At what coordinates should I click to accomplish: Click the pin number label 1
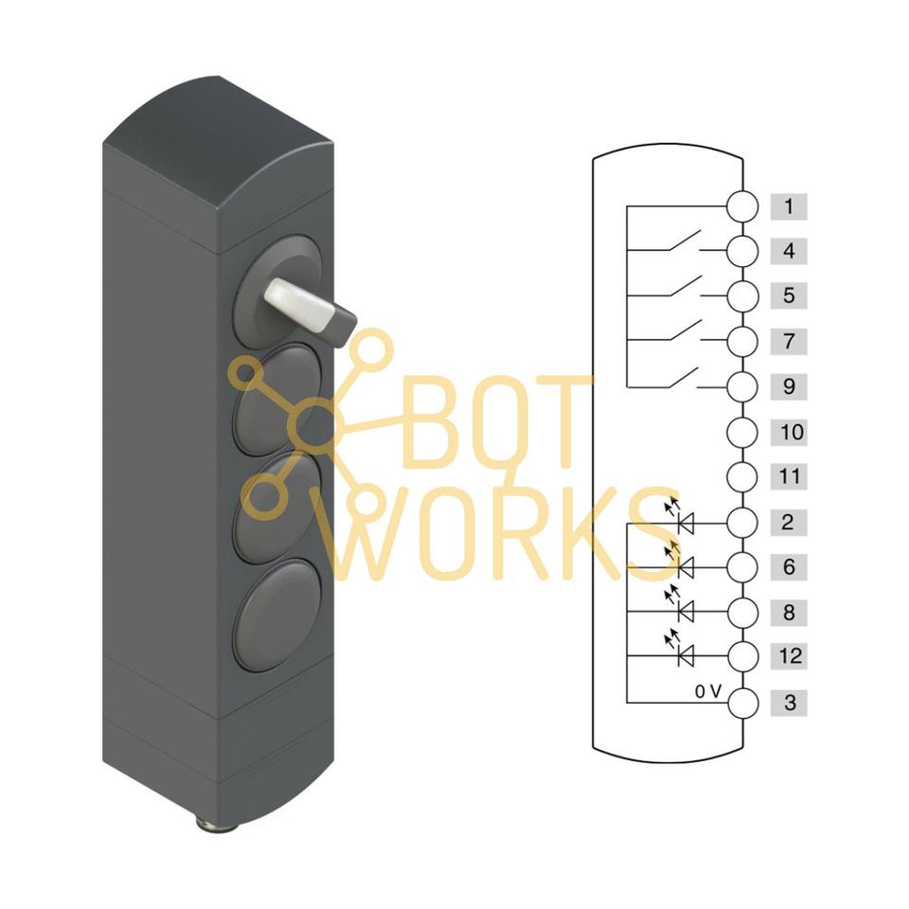coord(789,205)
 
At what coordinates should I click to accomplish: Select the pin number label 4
coord(789,251)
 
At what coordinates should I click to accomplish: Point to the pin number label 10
coord(792,433)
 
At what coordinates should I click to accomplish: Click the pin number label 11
coord(791,476)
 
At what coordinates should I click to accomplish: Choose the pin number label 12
coord(792,655)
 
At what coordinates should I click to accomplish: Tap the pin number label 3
coord(789,704)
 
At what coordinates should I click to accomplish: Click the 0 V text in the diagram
coord(708,692)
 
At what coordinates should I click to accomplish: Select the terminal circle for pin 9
coord(743,387)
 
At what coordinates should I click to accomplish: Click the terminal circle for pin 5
coord(743,296)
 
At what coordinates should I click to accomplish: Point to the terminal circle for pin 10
coord(743,433)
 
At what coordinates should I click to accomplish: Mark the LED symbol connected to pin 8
coord(683,611)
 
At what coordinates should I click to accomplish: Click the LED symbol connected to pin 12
coord(683,653)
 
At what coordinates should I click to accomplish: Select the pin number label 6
coord(789,567)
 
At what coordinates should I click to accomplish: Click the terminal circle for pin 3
coord(743,704)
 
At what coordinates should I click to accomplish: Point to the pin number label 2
coord(789,522)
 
